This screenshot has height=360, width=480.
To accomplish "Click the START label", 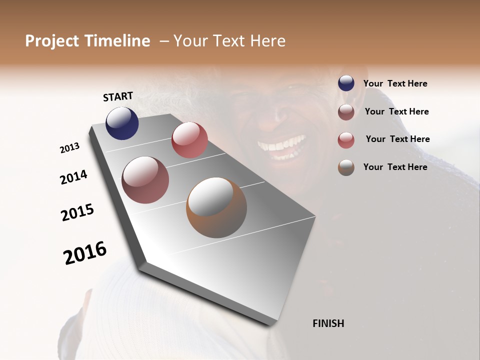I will pos(118,96).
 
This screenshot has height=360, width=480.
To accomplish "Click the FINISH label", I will pos(328,323).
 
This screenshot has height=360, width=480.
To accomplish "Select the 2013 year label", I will pos(70,148).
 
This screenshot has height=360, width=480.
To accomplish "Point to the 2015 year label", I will pos(77,212).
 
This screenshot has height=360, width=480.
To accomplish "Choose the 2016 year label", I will pos(85,253).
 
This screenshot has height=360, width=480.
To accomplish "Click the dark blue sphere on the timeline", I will pos(122,123).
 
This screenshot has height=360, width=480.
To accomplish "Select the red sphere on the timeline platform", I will pos(189,140).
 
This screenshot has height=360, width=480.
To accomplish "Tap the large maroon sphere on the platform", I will pos(145,180).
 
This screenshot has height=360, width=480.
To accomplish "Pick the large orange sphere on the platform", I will pos(216,207).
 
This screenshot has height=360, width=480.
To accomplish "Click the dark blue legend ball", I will pos(346,83).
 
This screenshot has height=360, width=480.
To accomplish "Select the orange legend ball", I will pos(346,167).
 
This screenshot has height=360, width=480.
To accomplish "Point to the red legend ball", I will pos(346,140).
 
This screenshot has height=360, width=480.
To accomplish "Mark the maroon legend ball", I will pos(346,112).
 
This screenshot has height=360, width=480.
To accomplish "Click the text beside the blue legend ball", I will pos(395,84).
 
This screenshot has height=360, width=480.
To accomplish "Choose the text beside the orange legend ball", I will pos(395,167).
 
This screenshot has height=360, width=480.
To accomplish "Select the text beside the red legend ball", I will pos(397,139).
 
